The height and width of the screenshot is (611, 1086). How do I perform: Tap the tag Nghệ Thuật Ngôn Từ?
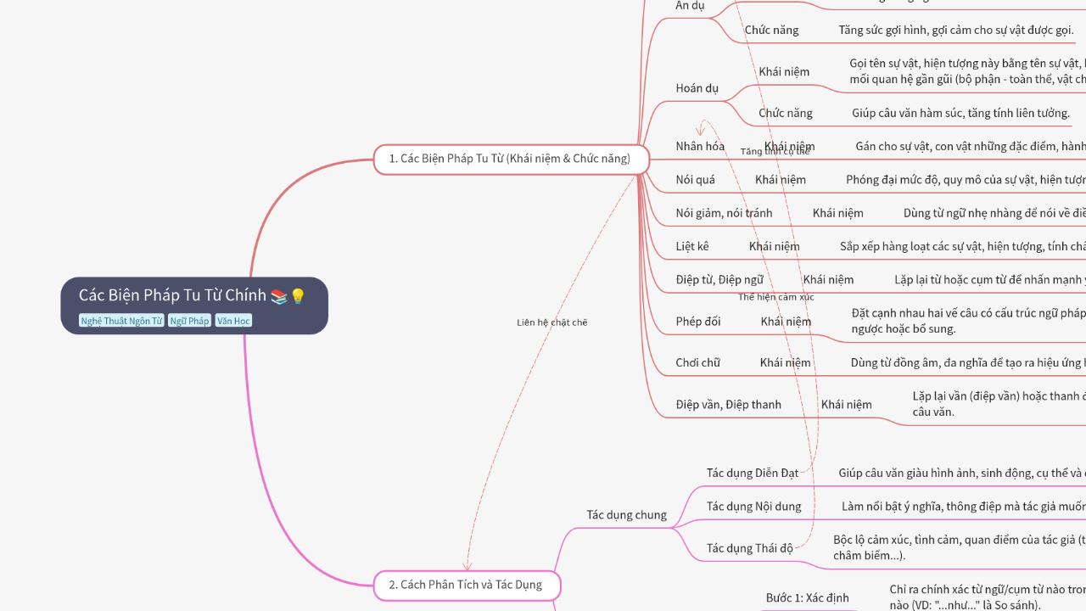(121, 321)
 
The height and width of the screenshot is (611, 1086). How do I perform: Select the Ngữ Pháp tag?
(188, 321)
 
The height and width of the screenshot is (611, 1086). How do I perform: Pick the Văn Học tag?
(233, 321)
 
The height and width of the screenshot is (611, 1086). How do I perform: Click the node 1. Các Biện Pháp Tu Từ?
(510, 159)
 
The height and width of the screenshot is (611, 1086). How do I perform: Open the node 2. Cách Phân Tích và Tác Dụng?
(466, 585)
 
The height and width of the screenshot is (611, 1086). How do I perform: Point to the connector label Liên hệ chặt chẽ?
(552, 322)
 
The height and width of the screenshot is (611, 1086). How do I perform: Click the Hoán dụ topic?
(697, 88)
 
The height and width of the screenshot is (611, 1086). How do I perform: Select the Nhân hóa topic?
(700, 146)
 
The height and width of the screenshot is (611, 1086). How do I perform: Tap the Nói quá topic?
(695, 179)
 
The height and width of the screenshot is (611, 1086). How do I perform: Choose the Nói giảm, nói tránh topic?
(724, 213)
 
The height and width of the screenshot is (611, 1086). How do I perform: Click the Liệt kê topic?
(692, 246)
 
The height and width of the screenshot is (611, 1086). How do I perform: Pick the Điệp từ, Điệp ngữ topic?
(719, 279)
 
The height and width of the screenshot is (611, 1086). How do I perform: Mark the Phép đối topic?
(698, 321)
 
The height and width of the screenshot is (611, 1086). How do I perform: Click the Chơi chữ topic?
(697, 362)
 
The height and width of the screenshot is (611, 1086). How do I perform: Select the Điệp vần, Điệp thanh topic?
(728, 404)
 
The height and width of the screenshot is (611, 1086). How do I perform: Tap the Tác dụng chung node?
(626, 515)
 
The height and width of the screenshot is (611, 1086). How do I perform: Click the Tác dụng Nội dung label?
(753, 507)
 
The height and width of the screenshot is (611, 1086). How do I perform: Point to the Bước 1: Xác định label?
(807, 598)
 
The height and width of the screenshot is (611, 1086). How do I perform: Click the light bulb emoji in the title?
(298, 296)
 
